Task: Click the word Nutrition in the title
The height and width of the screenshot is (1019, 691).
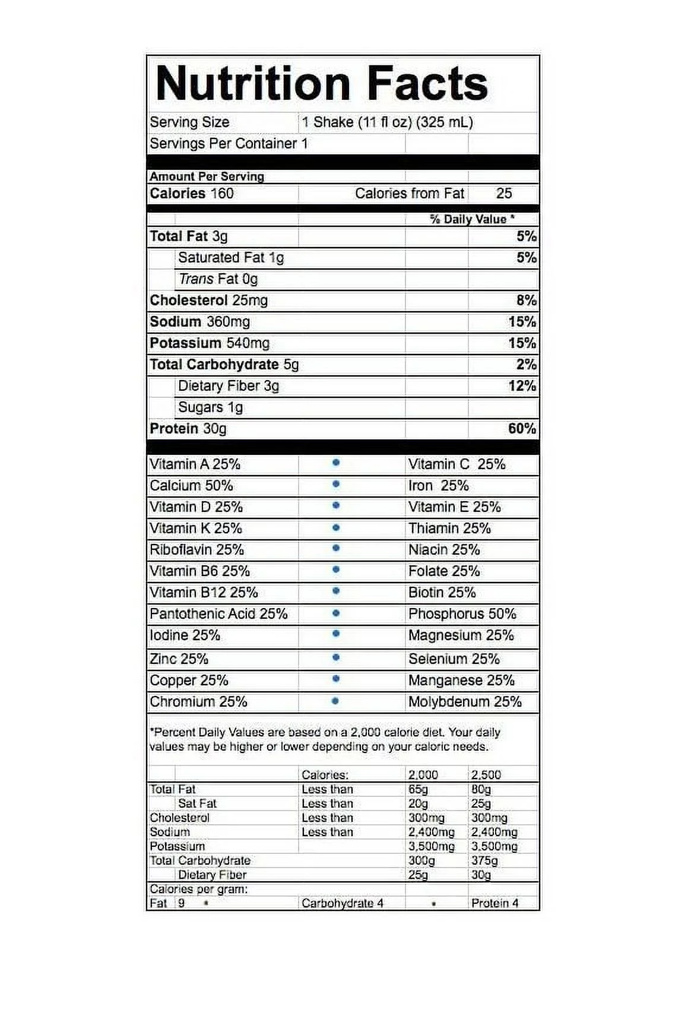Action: tap(252, 84)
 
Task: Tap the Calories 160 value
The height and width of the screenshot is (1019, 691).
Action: tap(191, 194)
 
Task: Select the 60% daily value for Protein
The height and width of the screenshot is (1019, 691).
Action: tap(522, 429)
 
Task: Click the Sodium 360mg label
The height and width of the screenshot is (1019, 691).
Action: tap(199, 322)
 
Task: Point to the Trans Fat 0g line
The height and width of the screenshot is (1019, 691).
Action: tap(218, 279)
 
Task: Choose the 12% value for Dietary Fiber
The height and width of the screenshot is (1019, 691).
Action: tap(522, 386)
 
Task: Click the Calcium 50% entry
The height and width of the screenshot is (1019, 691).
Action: tap(191, 486)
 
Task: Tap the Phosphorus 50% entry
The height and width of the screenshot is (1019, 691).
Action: tap(462, 614)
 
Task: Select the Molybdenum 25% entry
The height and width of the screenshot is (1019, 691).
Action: tap(465, 702)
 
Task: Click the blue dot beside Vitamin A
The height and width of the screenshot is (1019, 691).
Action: tap(335, 463)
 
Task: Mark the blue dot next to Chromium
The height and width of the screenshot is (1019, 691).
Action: tap(335, 701)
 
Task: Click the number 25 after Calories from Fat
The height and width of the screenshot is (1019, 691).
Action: tap(504, 194)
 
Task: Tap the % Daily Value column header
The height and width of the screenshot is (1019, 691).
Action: tap(472, 219)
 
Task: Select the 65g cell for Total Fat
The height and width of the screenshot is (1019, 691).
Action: tap(418, 789)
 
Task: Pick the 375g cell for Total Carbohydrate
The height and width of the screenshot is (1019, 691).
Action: tap(484, 860)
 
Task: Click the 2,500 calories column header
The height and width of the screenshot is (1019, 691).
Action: tap(486, 775)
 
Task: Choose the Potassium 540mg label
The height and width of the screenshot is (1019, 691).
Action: tap(210, 343)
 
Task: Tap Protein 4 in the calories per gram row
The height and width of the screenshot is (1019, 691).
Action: tap(495, 903)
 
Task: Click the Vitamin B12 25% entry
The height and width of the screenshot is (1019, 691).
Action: tap(204, 593)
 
